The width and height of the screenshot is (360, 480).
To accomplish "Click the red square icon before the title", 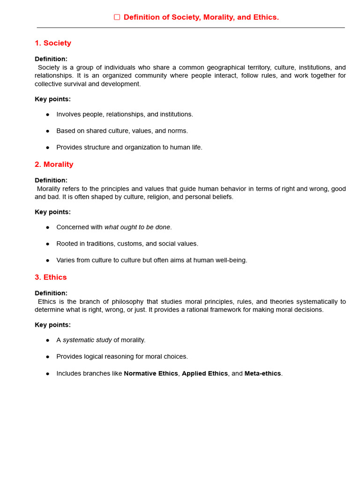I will coord(117,17).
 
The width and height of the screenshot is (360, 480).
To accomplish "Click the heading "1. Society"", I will coord(53,43).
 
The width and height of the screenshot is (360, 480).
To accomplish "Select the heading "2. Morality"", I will coord(54,165).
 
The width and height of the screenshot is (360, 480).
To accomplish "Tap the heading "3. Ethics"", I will coord(51,277).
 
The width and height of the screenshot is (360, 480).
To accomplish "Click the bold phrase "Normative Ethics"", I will coord(151,374).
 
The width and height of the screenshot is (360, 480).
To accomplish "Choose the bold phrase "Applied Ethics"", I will coord(205,374).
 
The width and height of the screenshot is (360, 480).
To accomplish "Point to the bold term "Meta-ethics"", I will coord(262,374).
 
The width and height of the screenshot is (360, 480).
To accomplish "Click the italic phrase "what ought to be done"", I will coord(137,227).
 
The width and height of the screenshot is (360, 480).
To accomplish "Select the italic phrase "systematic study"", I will coord(87,340).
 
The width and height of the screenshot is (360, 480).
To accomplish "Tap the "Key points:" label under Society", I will coord(52,99).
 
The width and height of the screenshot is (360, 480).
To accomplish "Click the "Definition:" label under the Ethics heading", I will coord(51,293).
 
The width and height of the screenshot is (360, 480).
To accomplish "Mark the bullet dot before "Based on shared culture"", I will coord(48,131).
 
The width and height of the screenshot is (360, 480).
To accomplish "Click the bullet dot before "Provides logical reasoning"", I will coord(48,357).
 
